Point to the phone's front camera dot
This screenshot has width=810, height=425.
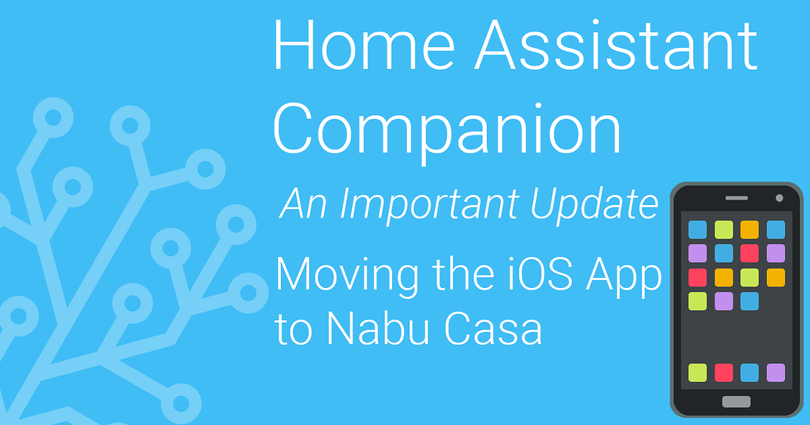pos(779,197)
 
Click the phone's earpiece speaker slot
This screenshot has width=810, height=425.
pos(736,198)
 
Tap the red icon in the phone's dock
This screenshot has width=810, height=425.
pos(724,373)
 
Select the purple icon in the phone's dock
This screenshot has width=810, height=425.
pos(776,373)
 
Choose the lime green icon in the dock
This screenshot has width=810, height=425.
pos(697,373)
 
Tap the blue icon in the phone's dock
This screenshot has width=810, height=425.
pos(750,373)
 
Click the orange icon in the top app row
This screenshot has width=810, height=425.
pos(750,229)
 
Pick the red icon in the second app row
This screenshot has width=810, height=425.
pos(750,253)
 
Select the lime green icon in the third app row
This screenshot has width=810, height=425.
pos(750,277)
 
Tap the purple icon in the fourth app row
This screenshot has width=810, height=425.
pos(724,301)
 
